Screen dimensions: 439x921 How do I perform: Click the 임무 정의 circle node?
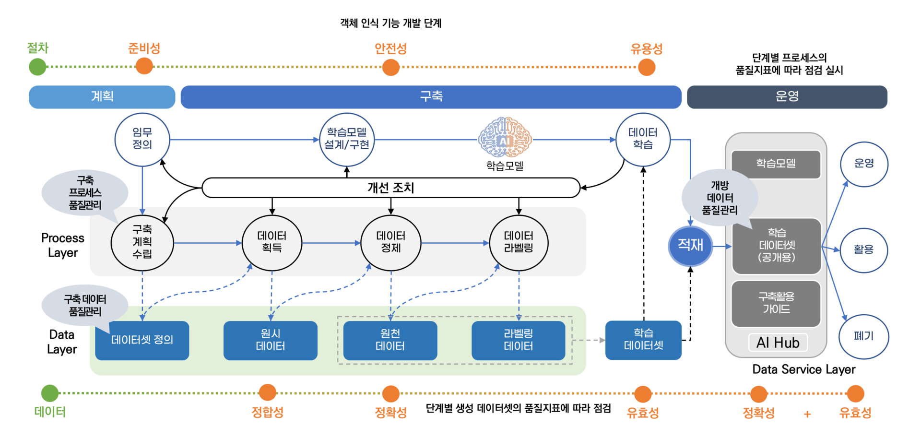(142, 140)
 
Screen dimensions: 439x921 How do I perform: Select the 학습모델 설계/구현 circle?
(347, 140)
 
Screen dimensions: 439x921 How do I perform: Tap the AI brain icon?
(505, 138)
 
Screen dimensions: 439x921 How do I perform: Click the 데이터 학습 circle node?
(643, 140)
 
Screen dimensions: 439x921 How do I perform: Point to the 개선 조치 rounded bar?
(391, 188)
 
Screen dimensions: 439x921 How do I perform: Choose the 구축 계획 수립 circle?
(142, 243)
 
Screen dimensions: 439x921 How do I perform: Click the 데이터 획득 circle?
(272, 243)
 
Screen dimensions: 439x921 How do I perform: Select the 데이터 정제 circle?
(391, 243)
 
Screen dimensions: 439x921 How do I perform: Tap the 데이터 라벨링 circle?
(519, 243)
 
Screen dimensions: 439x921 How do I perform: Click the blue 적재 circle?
(690, 246)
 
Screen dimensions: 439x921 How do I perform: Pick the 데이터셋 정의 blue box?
(142, 340)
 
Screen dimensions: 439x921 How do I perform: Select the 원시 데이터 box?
(271, 340)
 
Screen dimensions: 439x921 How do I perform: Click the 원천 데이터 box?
(390, 340)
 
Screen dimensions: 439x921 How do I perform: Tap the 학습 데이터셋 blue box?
(643, 340)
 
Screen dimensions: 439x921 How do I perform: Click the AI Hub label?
(778, 343)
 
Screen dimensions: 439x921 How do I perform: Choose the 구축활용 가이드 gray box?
(776, 303)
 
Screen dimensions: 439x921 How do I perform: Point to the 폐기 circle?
(863, 336)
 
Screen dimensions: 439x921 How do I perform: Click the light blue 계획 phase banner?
(102, 97)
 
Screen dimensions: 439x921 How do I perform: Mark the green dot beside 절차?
(37, 67)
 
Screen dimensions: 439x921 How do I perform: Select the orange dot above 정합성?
(268, 392)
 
